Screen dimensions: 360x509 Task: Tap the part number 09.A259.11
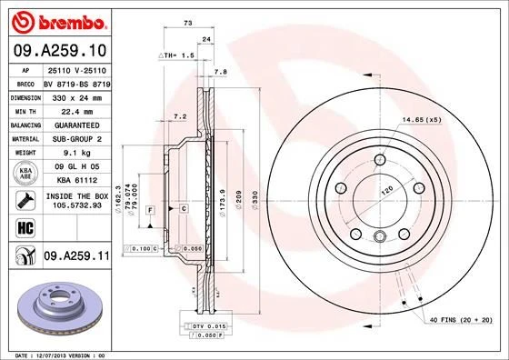[75, 257]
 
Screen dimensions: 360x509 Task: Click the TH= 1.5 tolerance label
[176, 56]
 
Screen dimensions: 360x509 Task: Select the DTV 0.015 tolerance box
[205, 325]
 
